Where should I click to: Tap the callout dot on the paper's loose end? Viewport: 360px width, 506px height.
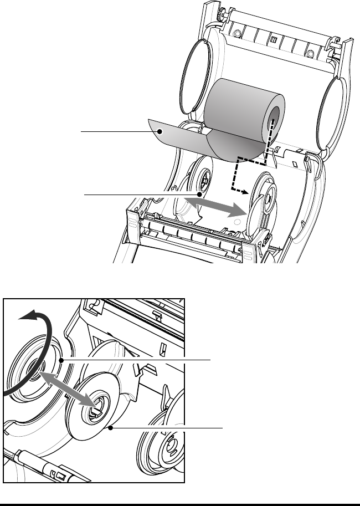coord(160,131)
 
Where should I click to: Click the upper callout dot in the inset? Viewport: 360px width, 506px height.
coord(61,360)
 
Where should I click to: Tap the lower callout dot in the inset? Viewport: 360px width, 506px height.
coord(112,427)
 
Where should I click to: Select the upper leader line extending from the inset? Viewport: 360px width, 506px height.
coord(138,360)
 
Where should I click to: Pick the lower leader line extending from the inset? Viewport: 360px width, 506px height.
coord(166,427)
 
